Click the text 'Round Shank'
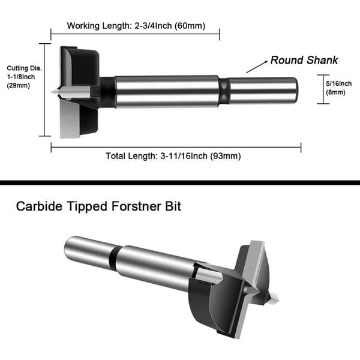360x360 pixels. (304, 60)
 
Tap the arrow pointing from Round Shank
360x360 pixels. (257, 67)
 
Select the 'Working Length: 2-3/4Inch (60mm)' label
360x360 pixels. (136, 25)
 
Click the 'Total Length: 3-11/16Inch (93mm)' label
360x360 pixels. (173, 156)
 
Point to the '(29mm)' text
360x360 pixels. (19, 85)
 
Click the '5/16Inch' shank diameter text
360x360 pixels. (338, 83)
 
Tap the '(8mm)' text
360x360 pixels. (335, 92)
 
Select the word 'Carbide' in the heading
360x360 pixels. (39, 206)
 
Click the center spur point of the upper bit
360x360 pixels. (52, 92)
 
